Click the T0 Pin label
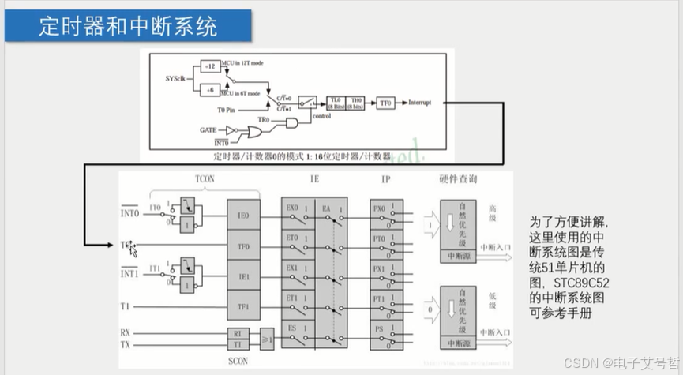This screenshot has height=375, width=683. tap(227, 111)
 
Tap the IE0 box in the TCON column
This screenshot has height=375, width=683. tap(242, 215)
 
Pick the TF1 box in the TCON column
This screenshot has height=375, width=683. tap(242, 306)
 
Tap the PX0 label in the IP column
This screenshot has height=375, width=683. tap(378, 208)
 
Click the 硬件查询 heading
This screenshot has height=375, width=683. tap(458, 179)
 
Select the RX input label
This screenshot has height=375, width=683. tap(126, 333)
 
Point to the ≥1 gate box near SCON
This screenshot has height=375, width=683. tap(266, 339)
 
